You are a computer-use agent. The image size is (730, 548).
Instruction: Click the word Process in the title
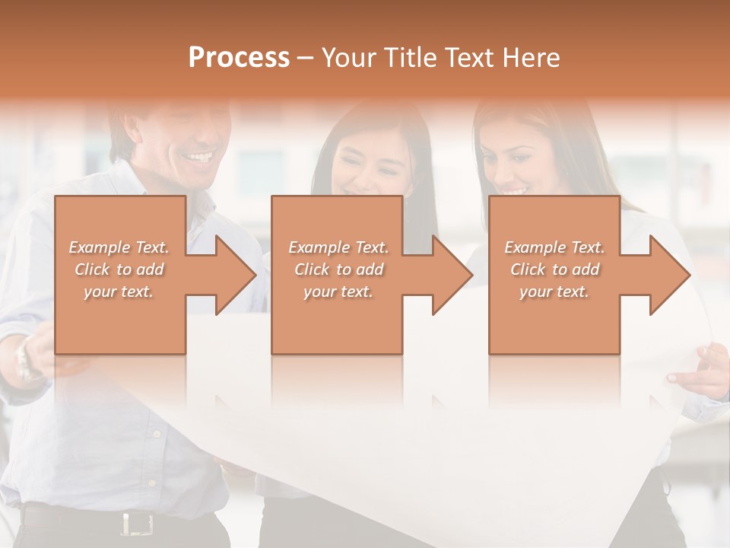[239, 58]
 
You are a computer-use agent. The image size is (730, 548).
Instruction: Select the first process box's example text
[119, 269]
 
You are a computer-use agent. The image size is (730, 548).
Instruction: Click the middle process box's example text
[338, 269]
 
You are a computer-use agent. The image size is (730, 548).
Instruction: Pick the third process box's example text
[554, 269]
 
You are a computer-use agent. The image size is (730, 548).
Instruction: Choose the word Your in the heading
[348, 58]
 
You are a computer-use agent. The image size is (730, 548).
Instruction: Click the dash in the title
[306, 59]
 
